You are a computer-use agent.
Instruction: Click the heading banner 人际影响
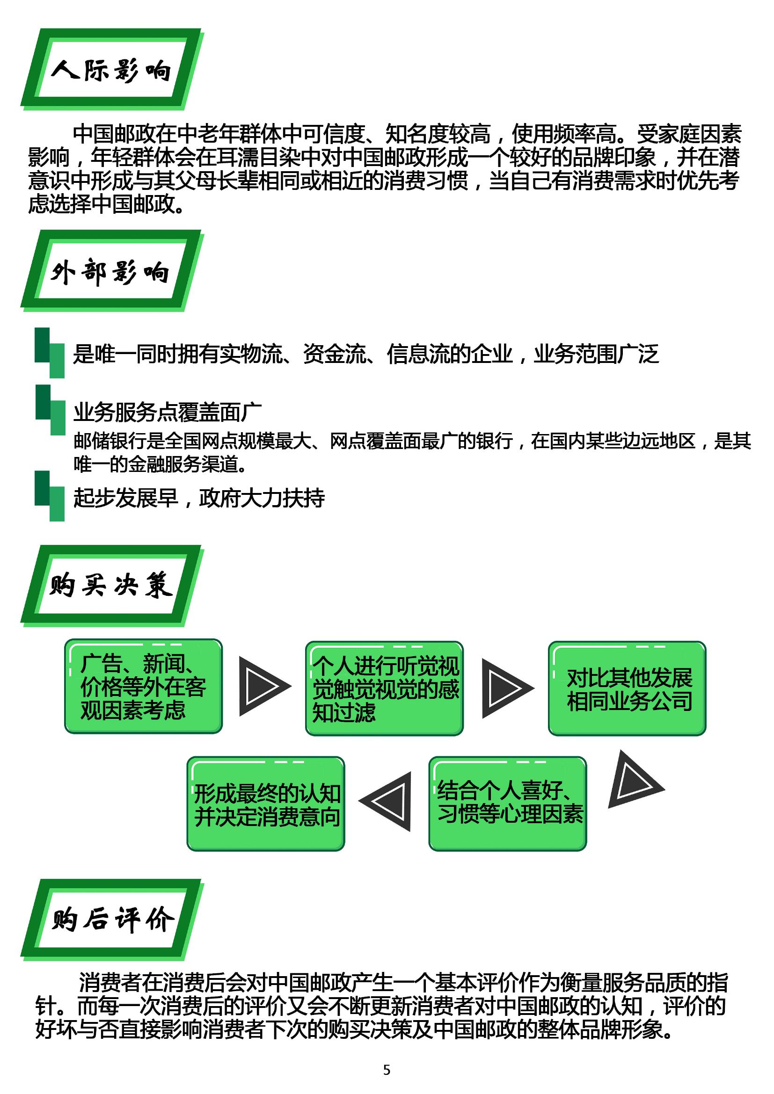click(x=112, y=70)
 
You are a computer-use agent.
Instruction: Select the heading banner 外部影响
click(x=112, y=271)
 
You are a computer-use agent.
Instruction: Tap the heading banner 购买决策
click(x=112, y=586)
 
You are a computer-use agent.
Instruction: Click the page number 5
click(x=387, y=1070)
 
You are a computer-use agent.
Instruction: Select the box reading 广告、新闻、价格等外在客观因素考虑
click(x=144, y=686)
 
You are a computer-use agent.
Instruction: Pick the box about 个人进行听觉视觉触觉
click(x=384, y=688)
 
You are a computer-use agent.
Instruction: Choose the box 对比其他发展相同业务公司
click(x=627, y=688)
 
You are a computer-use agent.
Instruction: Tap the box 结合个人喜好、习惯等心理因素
click(x=508, y=804)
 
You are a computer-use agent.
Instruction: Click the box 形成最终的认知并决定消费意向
click(x=265, y=804)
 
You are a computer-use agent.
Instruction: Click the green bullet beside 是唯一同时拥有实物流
click(x=50, y=353)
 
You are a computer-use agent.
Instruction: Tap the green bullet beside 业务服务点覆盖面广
click(x=50, y=410)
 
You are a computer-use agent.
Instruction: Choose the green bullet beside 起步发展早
click(x=50, y=496)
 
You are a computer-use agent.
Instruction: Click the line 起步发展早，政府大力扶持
click(x=199, y=498)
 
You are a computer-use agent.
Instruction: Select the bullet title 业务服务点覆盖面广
click(x=167, y=412)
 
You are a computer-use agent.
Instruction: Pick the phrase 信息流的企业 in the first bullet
click(x=450, y=354)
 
